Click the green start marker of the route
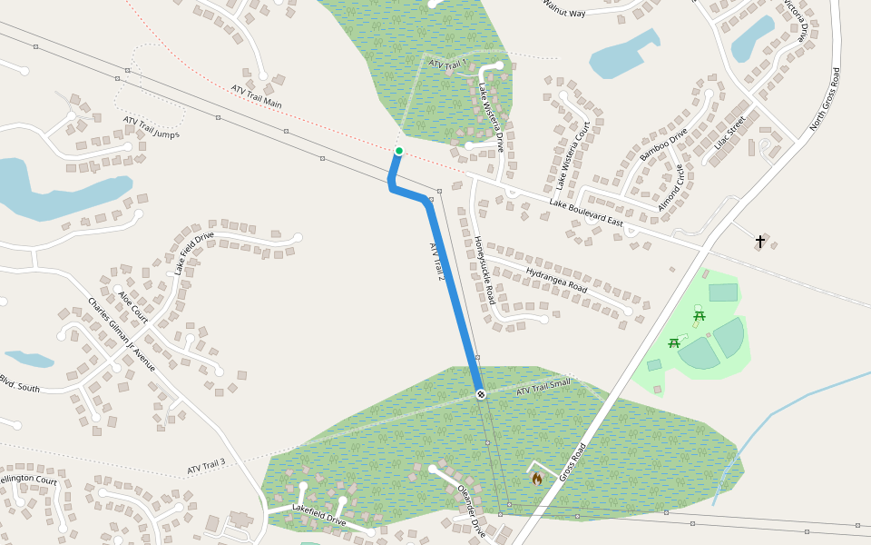coord(398,151)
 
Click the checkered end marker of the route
coord(481,394)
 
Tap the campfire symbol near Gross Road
coord(537,477)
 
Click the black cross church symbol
coord(760,241)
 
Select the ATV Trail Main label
coord(256,97)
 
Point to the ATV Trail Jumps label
coord(152,128)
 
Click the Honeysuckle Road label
coord(484,270)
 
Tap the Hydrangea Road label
coord(556,279)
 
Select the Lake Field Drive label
coord(194,253)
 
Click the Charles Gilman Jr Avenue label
coord(121,334)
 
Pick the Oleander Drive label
coord(467,504)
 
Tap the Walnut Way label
coord(563,7)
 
